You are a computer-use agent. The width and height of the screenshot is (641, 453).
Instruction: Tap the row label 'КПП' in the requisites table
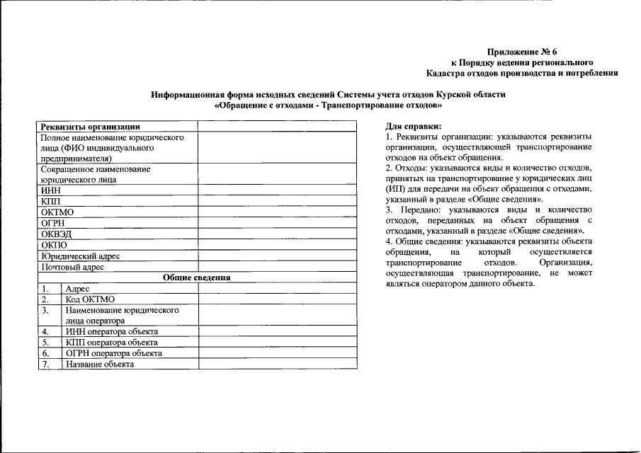tap(51, 202)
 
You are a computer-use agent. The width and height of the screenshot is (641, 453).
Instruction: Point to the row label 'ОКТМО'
tap(57, 212)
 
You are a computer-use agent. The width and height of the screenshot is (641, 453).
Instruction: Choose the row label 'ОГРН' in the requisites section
tap(54, 223)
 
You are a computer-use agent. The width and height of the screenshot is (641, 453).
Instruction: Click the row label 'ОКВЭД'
tap(56, 234)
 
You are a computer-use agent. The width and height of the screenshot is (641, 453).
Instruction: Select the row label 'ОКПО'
tap(54, 245)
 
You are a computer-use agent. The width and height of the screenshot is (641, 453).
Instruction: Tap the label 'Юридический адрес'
tap(80, 256)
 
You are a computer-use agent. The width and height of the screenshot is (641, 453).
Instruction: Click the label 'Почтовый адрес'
tap(73, 268)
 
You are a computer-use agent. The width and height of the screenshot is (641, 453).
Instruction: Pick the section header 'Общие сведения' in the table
tap(196, 278)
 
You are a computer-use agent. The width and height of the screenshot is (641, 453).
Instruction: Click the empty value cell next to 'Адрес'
tap(276, 289)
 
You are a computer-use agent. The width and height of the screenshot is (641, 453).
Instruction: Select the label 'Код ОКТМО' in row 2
tap(90, 299)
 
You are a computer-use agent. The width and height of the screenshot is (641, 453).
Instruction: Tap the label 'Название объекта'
tap(99, 364)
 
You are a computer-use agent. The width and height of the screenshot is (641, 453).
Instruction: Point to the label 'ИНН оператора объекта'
tap(111, 331)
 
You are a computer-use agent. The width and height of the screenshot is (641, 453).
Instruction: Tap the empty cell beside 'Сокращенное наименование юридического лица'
tap(276, 175)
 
